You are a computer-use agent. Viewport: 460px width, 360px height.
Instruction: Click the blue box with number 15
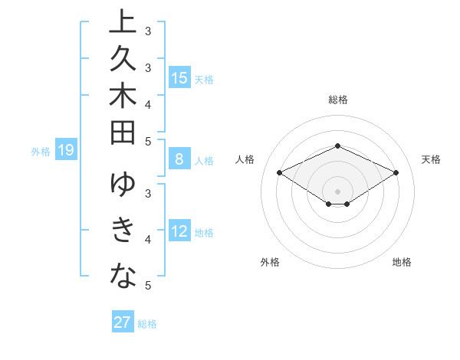(179, 77)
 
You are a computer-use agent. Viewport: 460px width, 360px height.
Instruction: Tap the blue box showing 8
(179, 159)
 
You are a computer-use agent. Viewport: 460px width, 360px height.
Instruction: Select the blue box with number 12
(179, 231)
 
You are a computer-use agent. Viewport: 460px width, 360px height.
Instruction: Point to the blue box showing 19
(66, 150)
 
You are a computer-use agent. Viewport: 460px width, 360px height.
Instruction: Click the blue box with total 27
(123, 322)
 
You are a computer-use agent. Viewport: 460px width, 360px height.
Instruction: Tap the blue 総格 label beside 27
(147, 324)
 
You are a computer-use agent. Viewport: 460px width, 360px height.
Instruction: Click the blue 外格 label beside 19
(41, 152)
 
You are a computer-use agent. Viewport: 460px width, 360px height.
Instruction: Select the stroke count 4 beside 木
(148, 104)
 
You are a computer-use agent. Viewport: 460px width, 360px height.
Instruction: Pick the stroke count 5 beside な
(148, 286)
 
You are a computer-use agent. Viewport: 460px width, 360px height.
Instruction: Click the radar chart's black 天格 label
(431, 159)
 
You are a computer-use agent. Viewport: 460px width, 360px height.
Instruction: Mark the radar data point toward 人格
(280, 172)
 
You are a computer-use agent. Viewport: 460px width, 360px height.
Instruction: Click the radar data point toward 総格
(337, 146)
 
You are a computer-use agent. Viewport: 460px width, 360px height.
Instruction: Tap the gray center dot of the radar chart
(337, 191)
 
